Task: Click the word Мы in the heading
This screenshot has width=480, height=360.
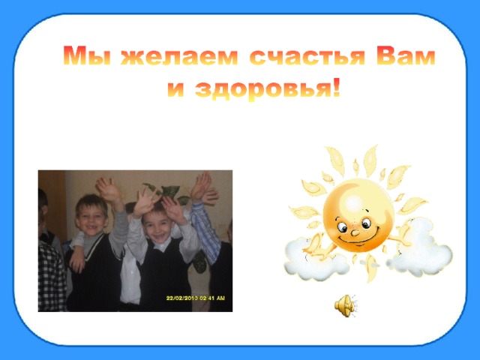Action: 87,55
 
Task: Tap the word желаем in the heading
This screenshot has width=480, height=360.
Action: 179,57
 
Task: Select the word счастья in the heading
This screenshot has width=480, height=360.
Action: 307,57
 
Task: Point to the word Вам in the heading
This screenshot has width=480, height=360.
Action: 406,55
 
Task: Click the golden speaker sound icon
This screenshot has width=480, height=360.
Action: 346,305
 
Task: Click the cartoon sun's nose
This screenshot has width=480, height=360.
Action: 355,232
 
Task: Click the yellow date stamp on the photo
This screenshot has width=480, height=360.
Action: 195,298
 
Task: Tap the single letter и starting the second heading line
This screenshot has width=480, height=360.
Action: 176,89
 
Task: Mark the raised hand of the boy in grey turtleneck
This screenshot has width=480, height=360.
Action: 108,189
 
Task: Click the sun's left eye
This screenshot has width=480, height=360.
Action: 342,226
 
